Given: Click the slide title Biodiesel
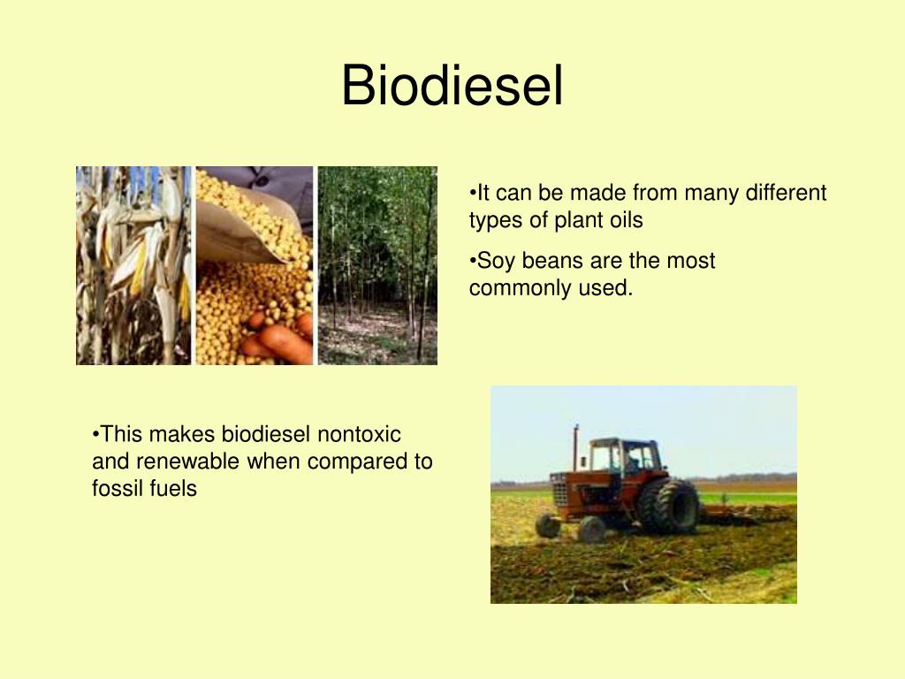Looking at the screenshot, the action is point(452,86).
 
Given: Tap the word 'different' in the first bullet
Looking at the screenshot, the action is point(786,192).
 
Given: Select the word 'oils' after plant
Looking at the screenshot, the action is point(626,219).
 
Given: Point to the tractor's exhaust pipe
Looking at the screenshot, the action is point(575,448).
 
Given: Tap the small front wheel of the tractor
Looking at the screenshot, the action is point(591,529).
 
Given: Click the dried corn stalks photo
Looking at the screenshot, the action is point(133,265).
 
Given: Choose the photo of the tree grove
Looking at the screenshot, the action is point(377,265).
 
